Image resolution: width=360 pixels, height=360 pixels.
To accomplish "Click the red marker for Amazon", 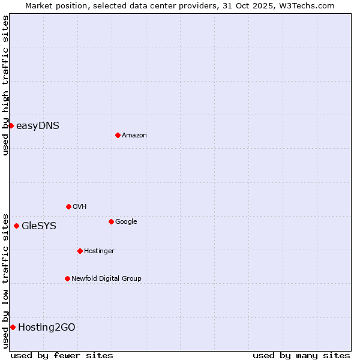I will [x=118, y=135].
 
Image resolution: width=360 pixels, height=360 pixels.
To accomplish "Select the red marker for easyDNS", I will [x=11, y=125].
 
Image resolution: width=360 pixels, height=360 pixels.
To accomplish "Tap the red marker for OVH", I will [x=68, y=206].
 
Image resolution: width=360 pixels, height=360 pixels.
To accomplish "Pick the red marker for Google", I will [x=111, y=221].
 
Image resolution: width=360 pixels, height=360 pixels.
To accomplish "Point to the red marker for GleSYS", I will [x=16, y=226].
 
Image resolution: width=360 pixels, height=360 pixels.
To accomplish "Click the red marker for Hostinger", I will [x=80, y=251].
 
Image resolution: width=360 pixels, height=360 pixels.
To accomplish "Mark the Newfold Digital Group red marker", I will [x=67, y=278].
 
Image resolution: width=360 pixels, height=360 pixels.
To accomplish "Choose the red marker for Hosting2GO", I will [x=13, y=327].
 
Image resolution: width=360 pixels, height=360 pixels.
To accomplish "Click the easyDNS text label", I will [x=38, y=126].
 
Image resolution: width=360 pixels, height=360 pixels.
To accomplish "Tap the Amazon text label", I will [x=134, y=136].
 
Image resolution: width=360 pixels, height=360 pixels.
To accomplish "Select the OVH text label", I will [x=80, y=207].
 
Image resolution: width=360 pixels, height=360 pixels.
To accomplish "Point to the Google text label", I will [x=126, y=222].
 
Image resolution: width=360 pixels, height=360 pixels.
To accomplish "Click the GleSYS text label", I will [x=39, y=226].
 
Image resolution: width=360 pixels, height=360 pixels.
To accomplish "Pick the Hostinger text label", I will [x=99, y=251].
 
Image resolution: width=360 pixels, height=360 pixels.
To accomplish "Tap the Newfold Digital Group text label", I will [x=106, y=279].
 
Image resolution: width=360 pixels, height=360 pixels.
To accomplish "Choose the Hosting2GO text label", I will [x=47, y=328].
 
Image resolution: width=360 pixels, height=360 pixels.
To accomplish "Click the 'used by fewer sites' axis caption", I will [x=62, y=355].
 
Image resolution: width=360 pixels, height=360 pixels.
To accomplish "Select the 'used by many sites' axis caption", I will [x=301, y=355].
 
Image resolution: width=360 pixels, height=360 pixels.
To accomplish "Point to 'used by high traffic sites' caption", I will [x=5, y=85].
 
